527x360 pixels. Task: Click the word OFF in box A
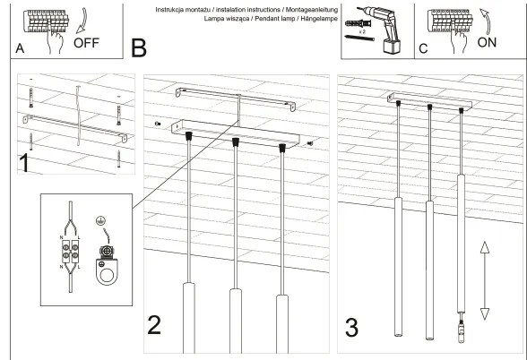click(x=88, y=42)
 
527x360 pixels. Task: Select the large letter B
click(x=138, y=47)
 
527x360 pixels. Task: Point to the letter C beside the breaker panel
click(x=423, y=49)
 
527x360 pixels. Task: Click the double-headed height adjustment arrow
click(x=485, y=279)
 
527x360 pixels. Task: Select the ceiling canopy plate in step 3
click(x=429, y=102)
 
